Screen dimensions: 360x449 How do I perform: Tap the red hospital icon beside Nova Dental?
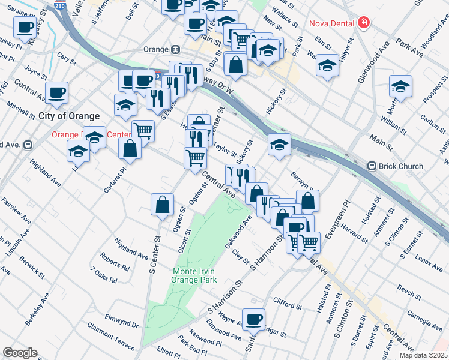(x=363, y=23)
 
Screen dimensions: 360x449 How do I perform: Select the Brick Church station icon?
(x=372, y=166)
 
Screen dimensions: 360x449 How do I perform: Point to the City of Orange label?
(x=69, y=115)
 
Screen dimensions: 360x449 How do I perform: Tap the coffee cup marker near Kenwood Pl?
(x=253, y=319)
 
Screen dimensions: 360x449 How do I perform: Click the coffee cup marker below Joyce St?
(x=56, y=92)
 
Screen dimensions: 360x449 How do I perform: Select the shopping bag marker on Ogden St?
(x=162, y=205)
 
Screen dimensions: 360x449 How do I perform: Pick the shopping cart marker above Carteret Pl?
(x=143, y=130)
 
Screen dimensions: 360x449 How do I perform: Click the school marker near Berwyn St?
(x=279, y=144)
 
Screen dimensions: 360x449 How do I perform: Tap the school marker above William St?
(x=400, y=86)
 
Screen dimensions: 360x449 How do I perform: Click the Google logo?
(x=20, y=353)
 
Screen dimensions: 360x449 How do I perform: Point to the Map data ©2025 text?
(x=415, y=355)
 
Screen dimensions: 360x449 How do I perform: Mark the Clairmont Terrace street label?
(x=111, y=335)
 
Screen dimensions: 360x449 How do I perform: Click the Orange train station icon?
(x=175, y=50)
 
